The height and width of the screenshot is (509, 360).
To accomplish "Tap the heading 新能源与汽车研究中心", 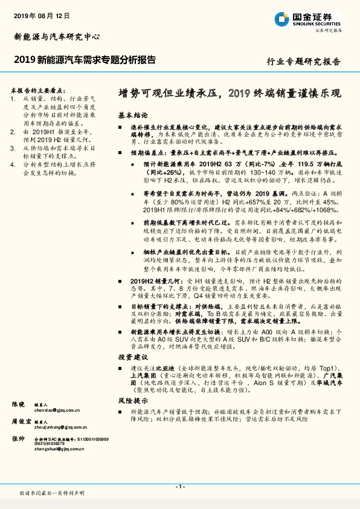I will (57, 36).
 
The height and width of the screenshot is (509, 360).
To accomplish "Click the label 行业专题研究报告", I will (303, 61).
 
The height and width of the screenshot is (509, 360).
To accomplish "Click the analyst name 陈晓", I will (19, 403).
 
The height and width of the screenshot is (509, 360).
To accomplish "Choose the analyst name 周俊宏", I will (22, 421).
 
